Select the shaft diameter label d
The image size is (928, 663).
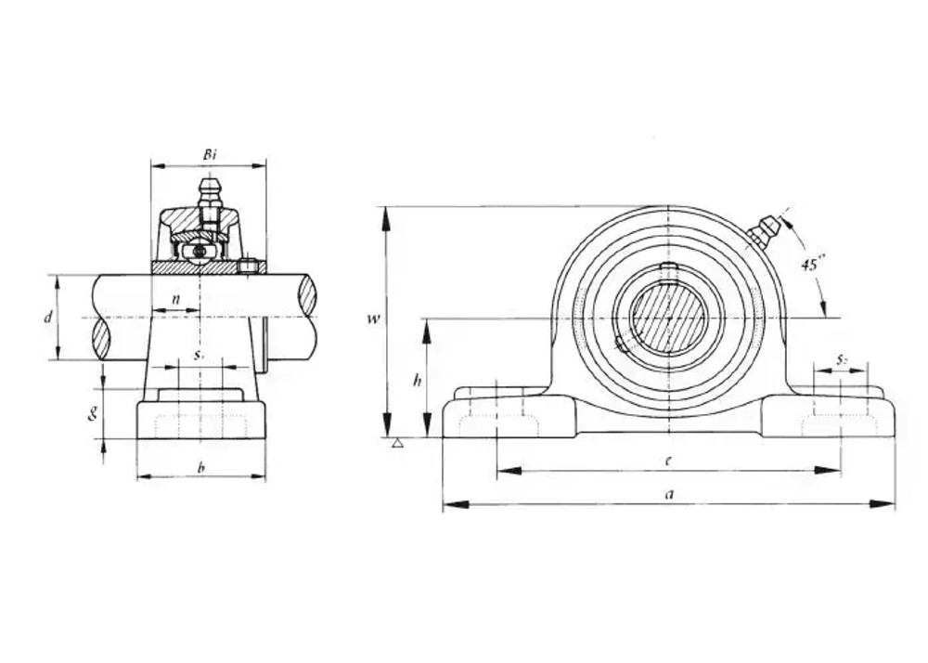(47, 318)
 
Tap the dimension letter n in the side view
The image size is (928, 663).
(175, 300)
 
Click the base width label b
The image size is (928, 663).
(200, 467)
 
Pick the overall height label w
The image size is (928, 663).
(373, 319)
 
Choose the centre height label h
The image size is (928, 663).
(418, 380)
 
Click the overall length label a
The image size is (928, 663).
(668, 495)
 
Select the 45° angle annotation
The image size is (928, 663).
(811, 264)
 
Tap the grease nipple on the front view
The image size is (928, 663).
(765, 231)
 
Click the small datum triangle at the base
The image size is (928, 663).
(398, 443)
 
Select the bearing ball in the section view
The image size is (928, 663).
(198, 251)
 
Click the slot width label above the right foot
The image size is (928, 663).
(841, 358)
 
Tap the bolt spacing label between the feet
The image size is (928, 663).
(668, 461)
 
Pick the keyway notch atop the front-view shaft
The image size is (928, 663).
(668, 270)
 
